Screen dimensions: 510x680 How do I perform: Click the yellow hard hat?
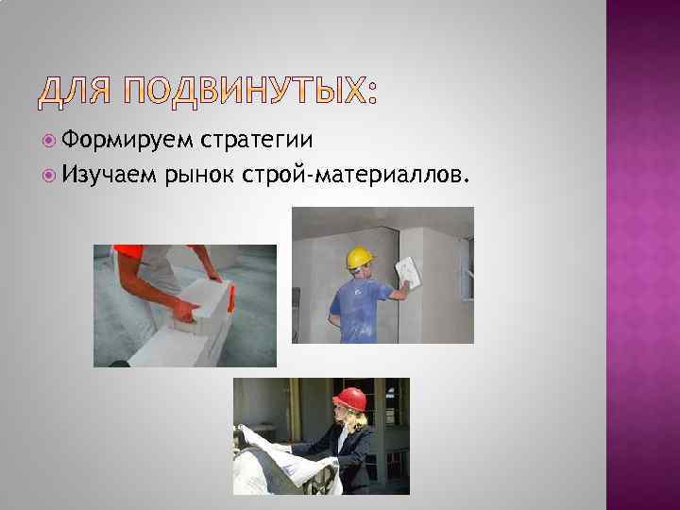pos(360,258)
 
